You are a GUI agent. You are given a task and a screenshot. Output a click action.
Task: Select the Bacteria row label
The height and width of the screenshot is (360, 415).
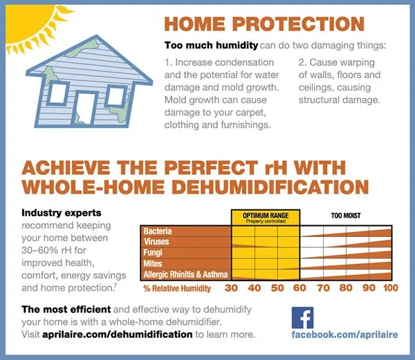[x=159, y=231]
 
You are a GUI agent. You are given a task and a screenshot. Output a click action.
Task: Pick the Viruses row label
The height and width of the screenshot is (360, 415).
[x=157, y=242]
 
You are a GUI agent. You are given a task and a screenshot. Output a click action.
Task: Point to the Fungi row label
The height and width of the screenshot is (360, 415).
[x=154, y=253]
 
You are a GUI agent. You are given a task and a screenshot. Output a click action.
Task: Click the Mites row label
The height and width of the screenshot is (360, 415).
[x=153, y=264]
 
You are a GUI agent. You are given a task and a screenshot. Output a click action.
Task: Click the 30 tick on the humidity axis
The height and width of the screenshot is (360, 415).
[x=232, y=288]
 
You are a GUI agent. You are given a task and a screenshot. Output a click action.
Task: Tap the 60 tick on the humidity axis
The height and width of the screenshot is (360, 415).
[x=300, y=288]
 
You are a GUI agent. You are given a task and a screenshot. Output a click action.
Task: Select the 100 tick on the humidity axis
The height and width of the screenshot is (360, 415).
[x=391, y=288]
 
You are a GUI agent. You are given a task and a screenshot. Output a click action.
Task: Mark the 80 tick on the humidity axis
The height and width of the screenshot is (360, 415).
[x=345, y=288]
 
